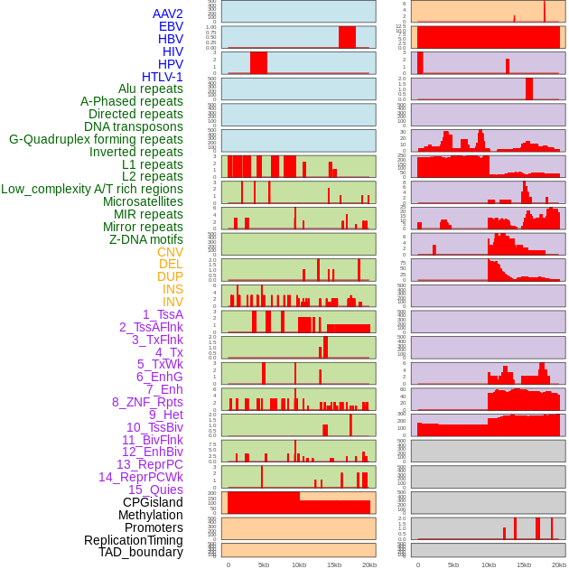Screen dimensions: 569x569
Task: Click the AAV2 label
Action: click(167, 14)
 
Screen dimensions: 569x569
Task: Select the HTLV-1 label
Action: click(163, 77)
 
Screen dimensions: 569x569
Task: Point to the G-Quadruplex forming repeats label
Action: click(96, 139)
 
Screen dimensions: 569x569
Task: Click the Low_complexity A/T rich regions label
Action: click(92, 189)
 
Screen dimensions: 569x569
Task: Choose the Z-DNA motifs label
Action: click(146, 239)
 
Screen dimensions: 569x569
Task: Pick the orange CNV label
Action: click(170, 252)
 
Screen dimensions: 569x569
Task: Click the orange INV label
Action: click(173, 302)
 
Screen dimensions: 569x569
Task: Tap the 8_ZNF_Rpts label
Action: click(147, 402)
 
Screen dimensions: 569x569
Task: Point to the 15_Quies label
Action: click(155, 490)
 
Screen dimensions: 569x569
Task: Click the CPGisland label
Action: click(153, 502)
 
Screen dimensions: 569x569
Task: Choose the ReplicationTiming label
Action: click(134, 540)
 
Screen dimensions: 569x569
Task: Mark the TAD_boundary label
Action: click(141, 552)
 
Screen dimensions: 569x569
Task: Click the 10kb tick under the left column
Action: click(299, 564)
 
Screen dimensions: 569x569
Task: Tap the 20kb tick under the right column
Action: click(559, 564)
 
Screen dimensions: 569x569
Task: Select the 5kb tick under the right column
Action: click(453, 564)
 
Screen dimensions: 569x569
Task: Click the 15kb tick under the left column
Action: click(334, 564)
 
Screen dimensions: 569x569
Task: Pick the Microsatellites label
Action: click(143, 201)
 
